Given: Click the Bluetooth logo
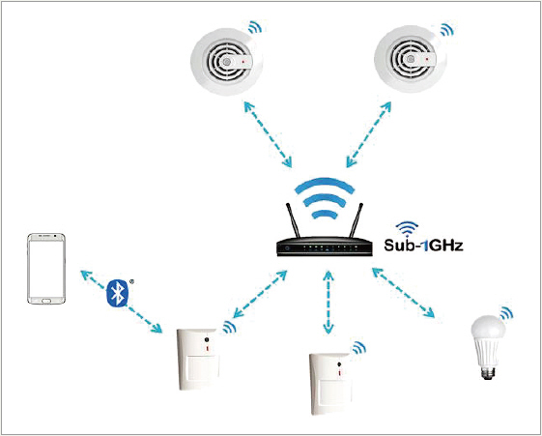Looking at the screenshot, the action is [118, 293].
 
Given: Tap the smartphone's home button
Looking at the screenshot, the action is [46, 302].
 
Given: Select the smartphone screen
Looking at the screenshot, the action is [46, 269].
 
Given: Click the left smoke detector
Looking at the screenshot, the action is [226, 62].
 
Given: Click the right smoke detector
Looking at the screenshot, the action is [411, 60].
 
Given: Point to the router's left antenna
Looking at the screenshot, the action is [293, 220].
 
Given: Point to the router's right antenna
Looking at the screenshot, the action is [357, 220].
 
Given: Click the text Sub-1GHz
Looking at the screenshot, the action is [423, 246].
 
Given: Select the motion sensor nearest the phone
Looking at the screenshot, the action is [198, 359].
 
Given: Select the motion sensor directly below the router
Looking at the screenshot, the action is [331, 384].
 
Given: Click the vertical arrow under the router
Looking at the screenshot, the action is [328, 303].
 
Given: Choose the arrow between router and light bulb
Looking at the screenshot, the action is [404, 293].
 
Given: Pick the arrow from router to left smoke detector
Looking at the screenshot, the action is [268, 134].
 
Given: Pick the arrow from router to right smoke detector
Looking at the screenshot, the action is [368, 134].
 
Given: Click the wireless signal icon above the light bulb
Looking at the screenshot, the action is [506, 313].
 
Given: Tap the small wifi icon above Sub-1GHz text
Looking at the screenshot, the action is [407, 229].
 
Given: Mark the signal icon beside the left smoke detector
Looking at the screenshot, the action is [255, 27].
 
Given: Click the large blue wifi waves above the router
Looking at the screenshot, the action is [325, 198].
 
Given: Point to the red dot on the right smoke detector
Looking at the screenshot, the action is [427, 60].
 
